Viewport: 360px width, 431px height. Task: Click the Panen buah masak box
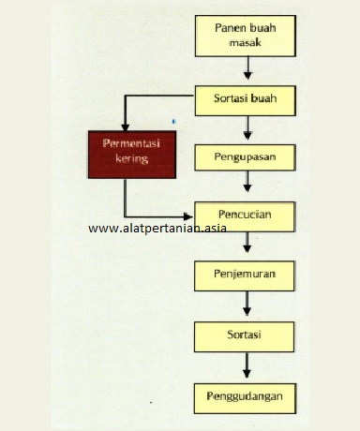click(246, 36)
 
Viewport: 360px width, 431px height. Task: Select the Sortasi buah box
click(246, 97)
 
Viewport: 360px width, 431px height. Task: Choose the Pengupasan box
click(246, 156)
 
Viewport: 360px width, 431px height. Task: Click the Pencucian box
click(246, 215)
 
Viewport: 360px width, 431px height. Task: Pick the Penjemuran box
click(246, 275)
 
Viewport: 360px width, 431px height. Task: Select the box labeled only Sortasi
click(246, 334)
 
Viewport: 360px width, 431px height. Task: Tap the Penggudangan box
click(246, 395)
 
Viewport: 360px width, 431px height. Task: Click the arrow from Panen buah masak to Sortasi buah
click(247, 67)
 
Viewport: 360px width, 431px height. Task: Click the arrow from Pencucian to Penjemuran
click(247, 245)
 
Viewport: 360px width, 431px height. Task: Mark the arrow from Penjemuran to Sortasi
click(247, 305)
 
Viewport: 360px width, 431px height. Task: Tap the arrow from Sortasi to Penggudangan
click(247, 364)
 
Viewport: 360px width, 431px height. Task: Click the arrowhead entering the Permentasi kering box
click(124, 126)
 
